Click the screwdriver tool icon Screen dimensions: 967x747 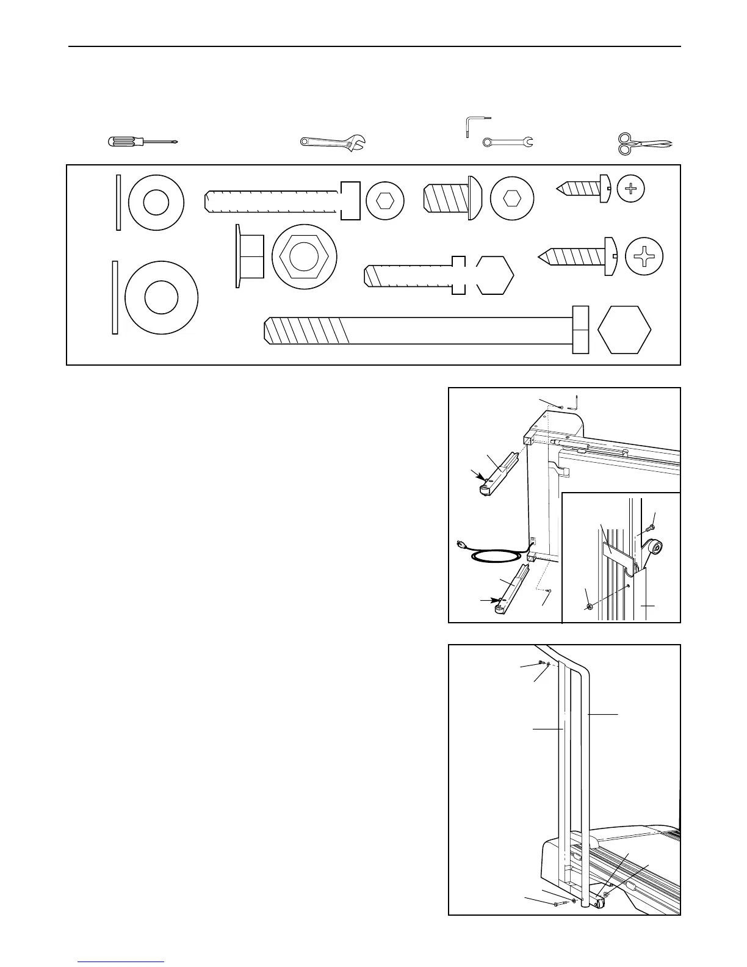[x=142, y=142]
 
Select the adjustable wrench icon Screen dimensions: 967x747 [x=333, y=142]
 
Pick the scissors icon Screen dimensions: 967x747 [x=643, y=144]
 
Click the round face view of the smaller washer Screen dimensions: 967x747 [x=156, y=203]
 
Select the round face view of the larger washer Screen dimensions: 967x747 [x=161, y=297]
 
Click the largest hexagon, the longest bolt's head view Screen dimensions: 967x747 [x=624, y=330]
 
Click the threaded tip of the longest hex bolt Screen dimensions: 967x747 [x=272, y=330]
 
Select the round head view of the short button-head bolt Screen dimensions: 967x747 [x=511, y=198]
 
